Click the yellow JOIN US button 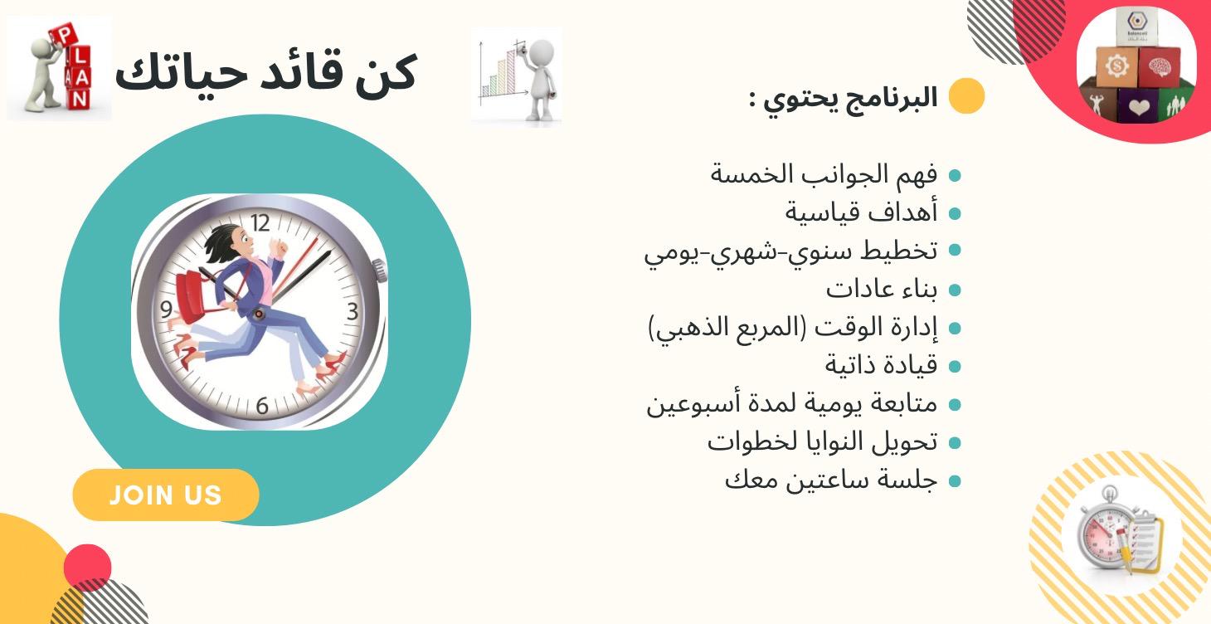pyautogui.click(x=166, y=495)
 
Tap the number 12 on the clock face pyautogui.click(x=260, y=222)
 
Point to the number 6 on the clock pyautogui.click(x=262, y=407)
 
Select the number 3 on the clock pyautogui.click(x=353, y=312)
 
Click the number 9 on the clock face pyautogui.click(x=167, y=310)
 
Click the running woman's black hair pyautogui.click(x=217, y=241)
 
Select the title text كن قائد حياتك pyautogui.click(x=265, y=73)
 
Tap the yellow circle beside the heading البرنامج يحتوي pyautogui.click(x=966, y=96)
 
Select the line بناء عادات pyautogui.click(x=881, y=290)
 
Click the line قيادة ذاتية pyautogui.click(x=881, y=365)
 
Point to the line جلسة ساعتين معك pyautogui.click(x=830, y=480)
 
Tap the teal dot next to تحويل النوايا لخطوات pyautogui.click(x=955, y=443)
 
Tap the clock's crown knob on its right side pyautogui.click(x=379, y=268)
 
